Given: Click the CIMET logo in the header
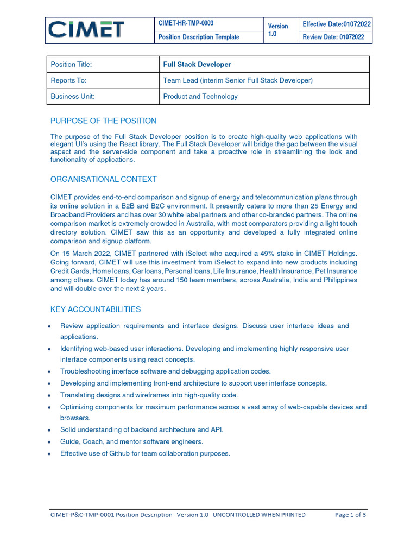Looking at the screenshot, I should (86, 30).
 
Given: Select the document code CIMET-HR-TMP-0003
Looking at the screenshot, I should (185, 23).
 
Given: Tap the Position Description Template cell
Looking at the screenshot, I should (198, 37).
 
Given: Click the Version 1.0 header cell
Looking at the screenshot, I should (278, 30).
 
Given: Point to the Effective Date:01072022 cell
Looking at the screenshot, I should (337, 24).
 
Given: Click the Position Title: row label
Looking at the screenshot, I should (71, 64).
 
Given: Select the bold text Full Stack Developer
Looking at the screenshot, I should (197, 64).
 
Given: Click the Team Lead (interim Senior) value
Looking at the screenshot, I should (238, 80).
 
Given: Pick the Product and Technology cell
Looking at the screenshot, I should (200, 96).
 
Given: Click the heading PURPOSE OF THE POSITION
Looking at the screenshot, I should (103, 121).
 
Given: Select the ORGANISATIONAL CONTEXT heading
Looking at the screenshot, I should (103, 179).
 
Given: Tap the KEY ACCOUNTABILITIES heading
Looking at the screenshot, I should (96, 309).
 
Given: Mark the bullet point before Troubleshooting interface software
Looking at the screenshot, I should (50, 372).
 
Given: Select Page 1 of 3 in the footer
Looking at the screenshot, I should (350, 515).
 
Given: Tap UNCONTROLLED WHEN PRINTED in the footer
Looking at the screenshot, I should (259, 515).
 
